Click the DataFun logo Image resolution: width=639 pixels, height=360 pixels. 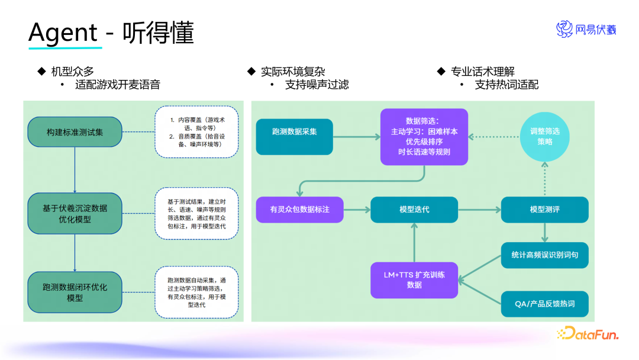(x=588, y=334)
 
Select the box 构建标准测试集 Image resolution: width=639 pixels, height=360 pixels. (x=75, y=132)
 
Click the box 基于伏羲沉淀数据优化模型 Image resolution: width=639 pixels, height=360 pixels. (x=75, y=213)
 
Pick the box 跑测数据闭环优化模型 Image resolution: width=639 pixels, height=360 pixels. (x=75, y=292)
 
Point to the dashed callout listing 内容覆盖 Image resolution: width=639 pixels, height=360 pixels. (x=196, y=132)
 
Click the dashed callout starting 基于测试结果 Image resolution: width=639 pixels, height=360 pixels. (x=196, y=214)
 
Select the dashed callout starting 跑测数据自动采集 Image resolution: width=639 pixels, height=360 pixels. (x=196, y=292)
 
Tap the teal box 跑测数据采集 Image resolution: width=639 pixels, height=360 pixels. (x=294, y=131)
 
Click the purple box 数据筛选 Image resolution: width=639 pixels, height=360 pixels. (x=424, y=136)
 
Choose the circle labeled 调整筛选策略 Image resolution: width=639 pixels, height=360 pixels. (x=545, y=136)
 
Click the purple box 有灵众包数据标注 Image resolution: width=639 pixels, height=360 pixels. (x=299, y=210)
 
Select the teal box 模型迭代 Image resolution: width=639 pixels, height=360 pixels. (x=414, y=210)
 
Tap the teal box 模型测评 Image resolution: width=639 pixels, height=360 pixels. (x=544, y=210)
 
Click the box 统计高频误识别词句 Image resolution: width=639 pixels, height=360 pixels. (x=544, y=255)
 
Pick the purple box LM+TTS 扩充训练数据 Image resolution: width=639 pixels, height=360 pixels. (x=414, y=280)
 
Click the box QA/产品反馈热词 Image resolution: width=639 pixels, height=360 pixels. (x=544, y=304)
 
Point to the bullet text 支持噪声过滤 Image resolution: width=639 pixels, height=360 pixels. (x=317, y=85)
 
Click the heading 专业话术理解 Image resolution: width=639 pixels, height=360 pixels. (x=482, y=72)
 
